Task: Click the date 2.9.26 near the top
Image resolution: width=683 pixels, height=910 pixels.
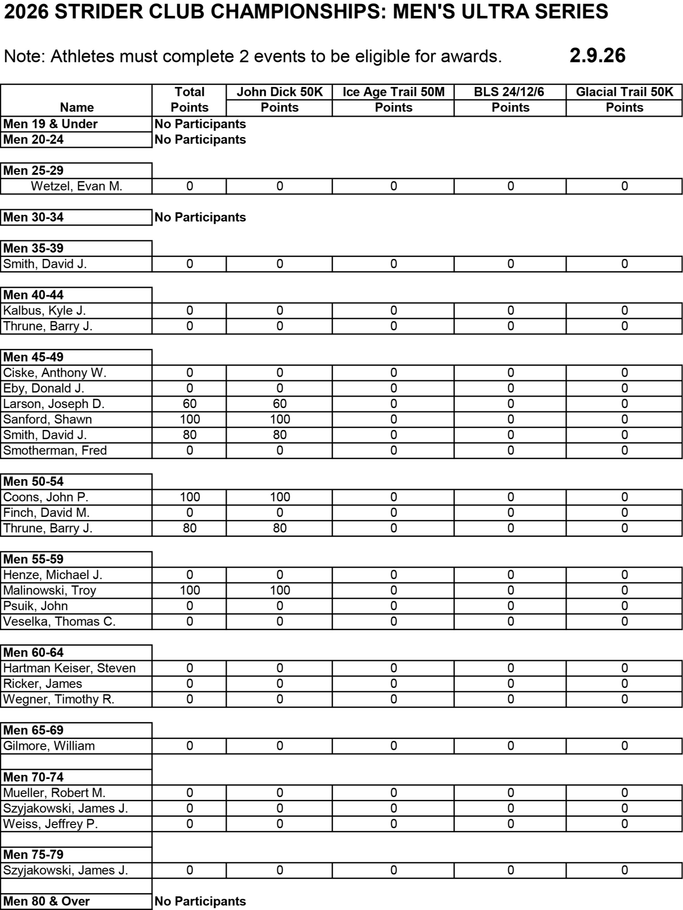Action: coord(597,56)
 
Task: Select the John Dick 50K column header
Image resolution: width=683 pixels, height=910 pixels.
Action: coord(279,92)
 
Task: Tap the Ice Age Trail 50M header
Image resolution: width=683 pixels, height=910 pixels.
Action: coord(393,92)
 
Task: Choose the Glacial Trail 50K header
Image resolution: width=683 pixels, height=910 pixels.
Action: coord(624,92)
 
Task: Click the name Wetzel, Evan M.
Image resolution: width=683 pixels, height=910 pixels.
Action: coord(76,186)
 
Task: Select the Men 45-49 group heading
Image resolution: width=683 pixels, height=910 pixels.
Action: coord(34,357)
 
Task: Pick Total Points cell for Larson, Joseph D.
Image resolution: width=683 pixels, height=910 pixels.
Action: coord(189,404)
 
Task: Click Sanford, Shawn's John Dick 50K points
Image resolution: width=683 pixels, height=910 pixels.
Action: coord(279,419)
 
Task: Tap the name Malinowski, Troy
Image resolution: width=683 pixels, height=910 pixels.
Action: coord(50,590)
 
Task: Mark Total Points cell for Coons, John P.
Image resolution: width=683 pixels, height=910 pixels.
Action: coord(189,497)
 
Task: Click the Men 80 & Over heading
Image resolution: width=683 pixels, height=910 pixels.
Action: coord(46,901)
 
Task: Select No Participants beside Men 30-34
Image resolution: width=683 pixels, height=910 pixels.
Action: coord(200,217)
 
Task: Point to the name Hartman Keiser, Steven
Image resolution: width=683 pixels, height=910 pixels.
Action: coord(69,668)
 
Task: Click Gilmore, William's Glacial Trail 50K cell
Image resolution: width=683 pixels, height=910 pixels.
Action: coord(624,746)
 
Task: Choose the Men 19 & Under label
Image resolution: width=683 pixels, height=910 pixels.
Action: coord(51,124)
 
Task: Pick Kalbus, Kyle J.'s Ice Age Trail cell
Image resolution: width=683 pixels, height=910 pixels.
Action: coord(393,310)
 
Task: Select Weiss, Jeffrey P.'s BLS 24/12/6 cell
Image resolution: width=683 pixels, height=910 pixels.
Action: coord(510,824)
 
